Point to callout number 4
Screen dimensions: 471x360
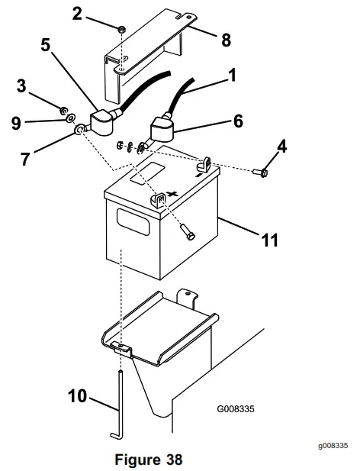tap(281, 145)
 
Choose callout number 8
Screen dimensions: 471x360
tap(226, 40)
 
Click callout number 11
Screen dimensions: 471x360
tap(268, 240)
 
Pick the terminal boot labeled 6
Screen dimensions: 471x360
tap(162, 128)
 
